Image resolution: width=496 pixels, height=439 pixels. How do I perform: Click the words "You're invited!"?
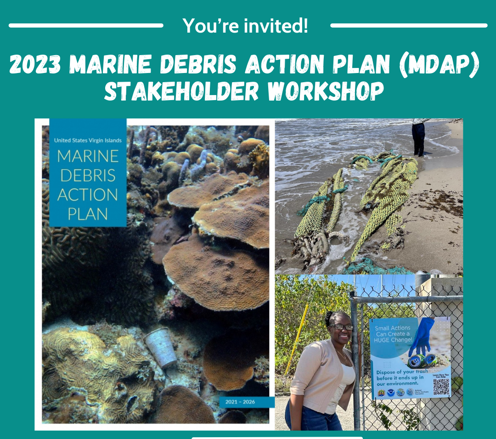pos(246,26)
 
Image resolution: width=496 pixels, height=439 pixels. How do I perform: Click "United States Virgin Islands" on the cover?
pos(88,141)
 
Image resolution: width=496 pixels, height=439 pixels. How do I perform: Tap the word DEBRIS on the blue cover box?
pos(87,175)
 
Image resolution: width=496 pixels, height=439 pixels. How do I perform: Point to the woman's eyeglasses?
pos(341,327)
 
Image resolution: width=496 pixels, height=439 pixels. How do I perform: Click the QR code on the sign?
pos(441,387)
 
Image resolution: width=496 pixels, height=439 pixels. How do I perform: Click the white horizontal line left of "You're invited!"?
pos(86,26)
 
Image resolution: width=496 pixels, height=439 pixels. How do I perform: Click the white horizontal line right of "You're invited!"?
pos(408,26)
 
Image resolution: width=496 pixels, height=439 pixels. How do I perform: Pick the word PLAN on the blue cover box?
pos(87,214)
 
